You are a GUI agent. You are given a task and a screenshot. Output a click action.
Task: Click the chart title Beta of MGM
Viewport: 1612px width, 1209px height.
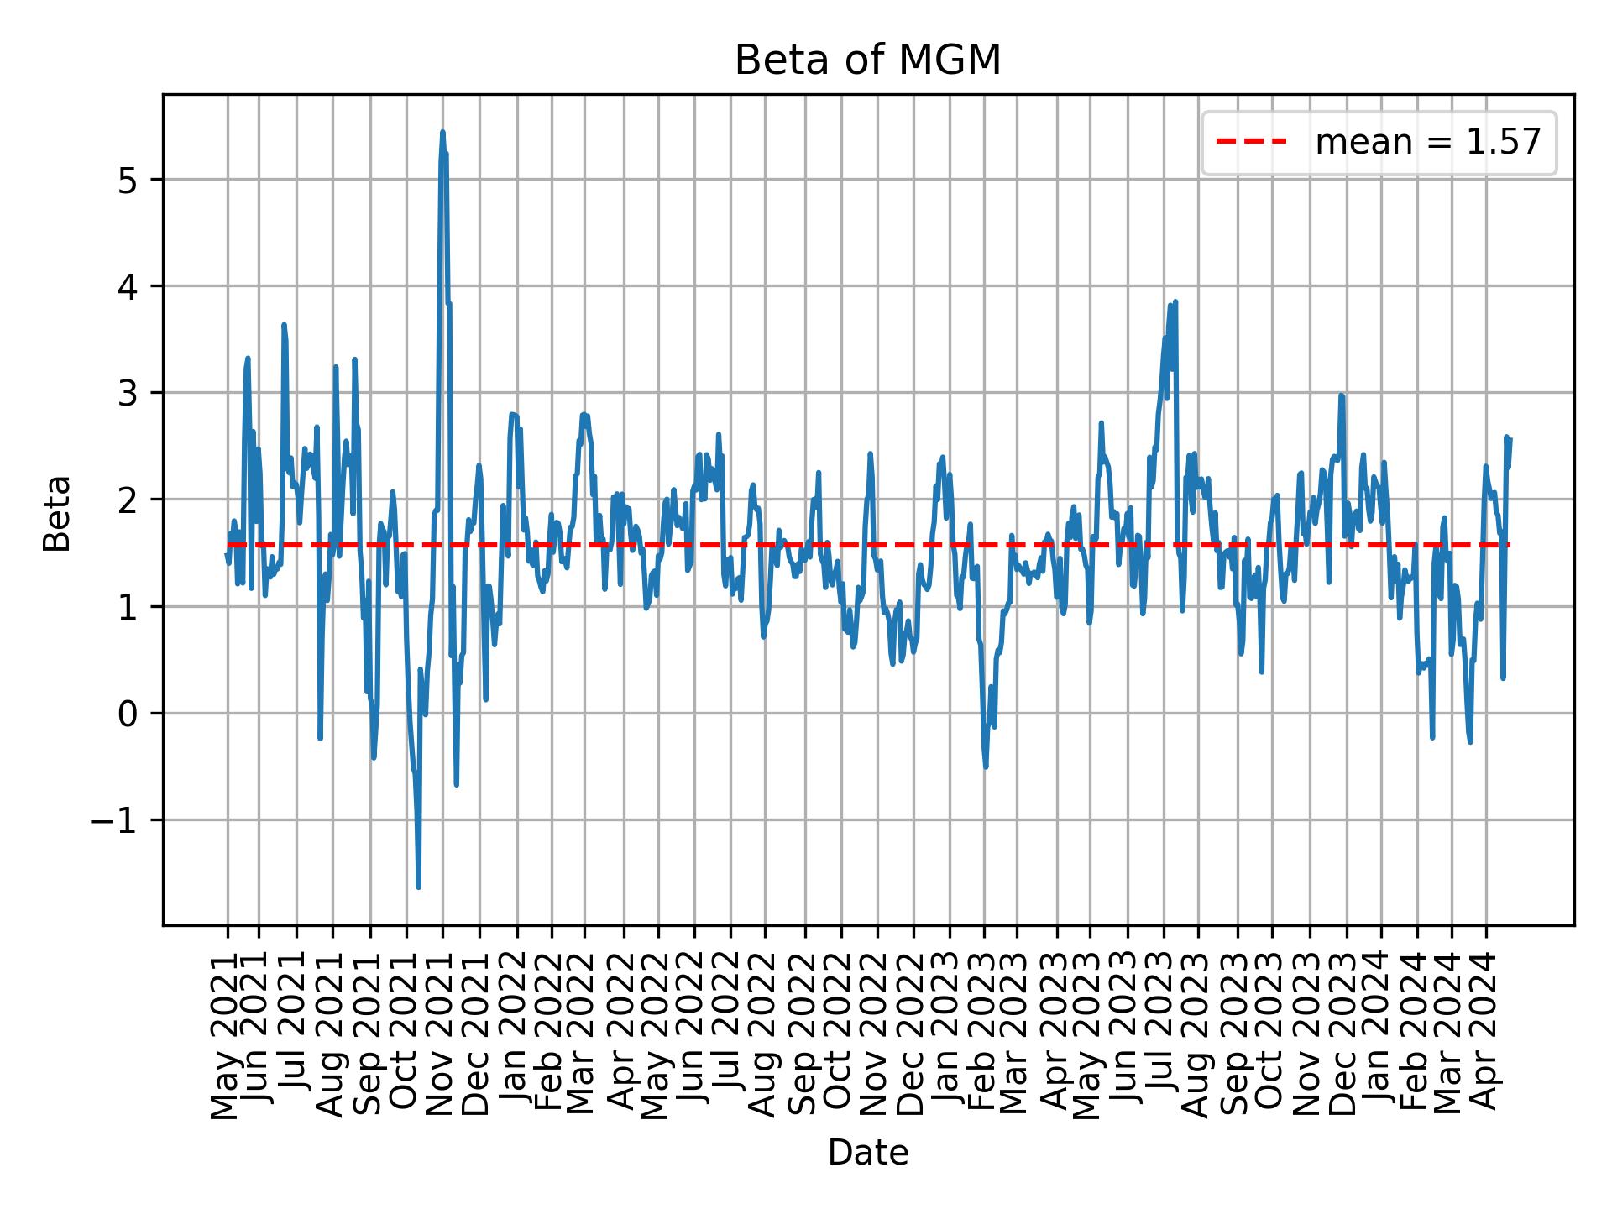(867, 60)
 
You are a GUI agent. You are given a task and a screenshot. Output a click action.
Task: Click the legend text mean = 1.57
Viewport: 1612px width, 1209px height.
(1428, 143)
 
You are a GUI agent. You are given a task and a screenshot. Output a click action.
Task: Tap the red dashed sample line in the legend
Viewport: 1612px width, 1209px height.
(1251, 143)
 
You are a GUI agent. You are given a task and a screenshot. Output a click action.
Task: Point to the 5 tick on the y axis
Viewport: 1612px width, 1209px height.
(127, 180)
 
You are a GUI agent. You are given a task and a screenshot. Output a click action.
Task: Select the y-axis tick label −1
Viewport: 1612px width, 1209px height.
(113, 820)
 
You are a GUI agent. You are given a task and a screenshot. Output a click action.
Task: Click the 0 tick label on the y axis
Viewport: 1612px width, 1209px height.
(127, 714)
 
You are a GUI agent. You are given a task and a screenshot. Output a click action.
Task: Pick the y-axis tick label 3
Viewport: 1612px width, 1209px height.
(127, 393)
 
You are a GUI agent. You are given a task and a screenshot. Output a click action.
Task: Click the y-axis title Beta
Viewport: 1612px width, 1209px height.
(57, 513)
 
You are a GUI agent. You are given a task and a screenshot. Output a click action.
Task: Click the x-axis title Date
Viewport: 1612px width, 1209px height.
(867, 1154)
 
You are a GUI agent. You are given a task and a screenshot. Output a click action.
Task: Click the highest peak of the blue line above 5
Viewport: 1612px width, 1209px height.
(442, 133)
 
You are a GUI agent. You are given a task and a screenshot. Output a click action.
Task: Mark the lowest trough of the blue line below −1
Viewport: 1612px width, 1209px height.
(418, 887)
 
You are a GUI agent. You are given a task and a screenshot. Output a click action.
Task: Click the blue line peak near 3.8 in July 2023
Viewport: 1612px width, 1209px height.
(1175, 301)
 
